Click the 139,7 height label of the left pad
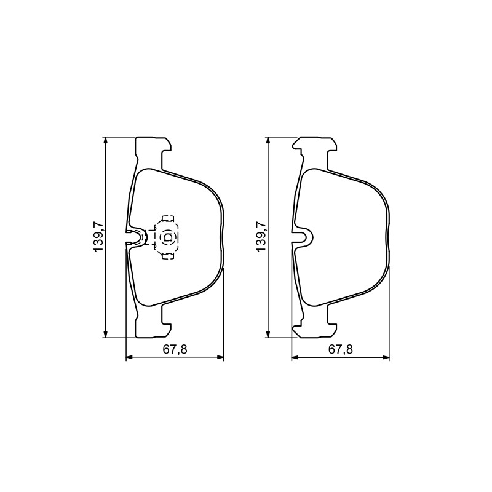pyautogui.click(x=98, y=237)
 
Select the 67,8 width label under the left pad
pyautogui.click(x=175, y=349)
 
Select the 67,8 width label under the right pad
pyautogui.click(x=341, y=349)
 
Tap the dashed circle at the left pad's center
pyautogui.click(x=167, y=237)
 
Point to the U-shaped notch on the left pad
pyautogui.click(x=137, y=237)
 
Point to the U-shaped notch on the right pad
pyautogui.click(x=303, y=237)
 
